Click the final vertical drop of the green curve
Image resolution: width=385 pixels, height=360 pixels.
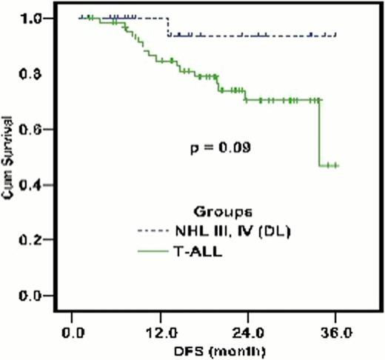point(320,133)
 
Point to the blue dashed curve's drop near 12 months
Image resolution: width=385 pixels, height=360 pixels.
point(169,26)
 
